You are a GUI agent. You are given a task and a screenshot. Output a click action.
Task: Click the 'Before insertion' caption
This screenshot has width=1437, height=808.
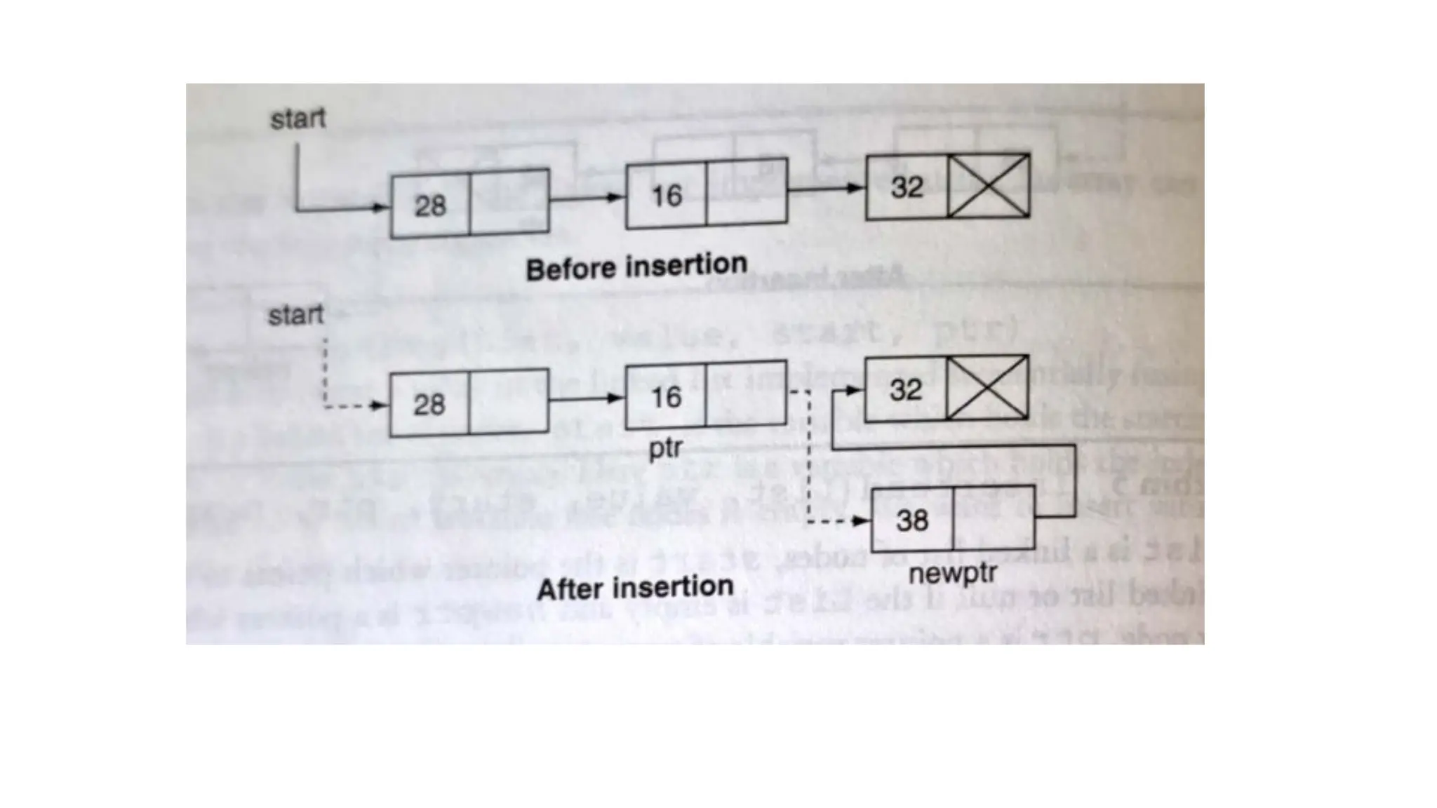(x=636, y=267)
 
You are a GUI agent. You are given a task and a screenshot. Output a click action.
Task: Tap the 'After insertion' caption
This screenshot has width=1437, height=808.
(x=634, y=588)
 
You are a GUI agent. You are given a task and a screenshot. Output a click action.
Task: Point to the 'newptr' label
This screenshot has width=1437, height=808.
(x=952, y=574)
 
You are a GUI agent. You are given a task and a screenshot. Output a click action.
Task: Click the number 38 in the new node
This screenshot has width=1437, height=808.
(x=911, y=520)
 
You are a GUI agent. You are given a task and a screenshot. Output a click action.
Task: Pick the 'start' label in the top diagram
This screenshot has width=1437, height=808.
(x=298, y=119)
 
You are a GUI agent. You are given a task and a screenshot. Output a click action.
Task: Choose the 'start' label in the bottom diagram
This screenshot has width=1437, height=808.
(x=295, y=316)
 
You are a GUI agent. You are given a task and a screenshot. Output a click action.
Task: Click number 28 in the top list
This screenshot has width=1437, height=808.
(x=429, y=206)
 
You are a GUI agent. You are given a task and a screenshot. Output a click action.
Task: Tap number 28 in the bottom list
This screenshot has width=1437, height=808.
(x=429, y=405)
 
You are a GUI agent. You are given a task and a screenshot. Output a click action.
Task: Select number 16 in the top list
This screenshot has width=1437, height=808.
(x=666, y=196)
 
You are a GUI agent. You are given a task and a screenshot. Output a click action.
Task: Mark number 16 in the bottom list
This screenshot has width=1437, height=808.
(x=665, y=397)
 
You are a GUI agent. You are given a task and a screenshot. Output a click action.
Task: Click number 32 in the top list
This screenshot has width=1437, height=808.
(x=907, y=187)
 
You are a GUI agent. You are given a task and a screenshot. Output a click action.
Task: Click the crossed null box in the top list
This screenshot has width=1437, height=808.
(x=989, y=186)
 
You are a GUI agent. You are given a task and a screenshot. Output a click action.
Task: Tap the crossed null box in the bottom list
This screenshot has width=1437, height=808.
(x=987, y=388)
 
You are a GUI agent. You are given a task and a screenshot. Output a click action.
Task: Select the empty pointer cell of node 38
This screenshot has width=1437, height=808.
(x=993, y=518)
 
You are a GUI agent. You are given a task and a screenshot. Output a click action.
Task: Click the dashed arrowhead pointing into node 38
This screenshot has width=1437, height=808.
(x=860, y=521)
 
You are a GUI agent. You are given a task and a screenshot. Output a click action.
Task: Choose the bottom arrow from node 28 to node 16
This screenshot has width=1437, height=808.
(x=586, y=399)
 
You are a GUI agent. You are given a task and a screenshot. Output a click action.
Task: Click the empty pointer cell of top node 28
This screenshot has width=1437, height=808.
(x=509, y=203)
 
